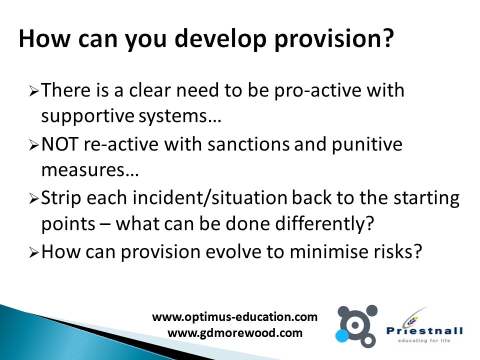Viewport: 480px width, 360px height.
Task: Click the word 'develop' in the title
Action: point(220,39)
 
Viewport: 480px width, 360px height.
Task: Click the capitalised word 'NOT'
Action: point(59,144)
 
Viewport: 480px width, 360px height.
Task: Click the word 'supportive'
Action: point(87,116)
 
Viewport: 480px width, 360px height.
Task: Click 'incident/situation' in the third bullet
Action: point(210,198)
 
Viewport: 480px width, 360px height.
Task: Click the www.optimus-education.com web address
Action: point(235,317)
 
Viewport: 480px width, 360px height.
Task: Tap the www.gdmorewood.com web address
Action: point(235,333)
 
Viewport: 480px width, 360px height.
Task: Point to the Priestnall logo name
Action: point(424,330)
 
